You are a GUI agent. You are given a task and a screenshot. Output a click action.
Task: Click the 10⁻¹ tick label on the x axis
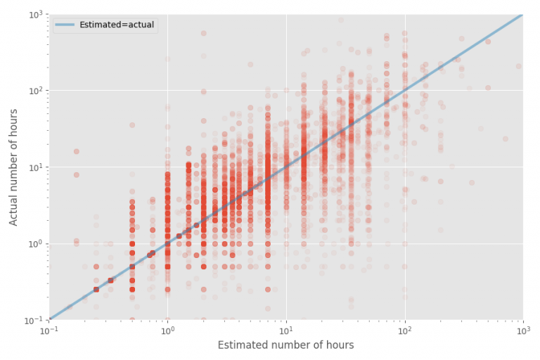[49, 330]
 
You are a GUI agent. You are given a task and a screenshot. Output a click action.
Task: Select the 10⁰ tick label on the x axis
[167, 330]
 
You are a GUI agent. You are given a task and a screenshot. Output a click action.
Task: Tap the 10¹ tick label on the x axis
[286, 330]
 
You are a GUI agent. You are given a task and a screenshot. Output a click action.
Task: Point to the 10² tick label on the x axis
[404, 330]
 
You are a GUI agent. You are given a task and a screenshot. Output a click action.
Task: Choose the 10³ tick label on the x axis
[522, 330]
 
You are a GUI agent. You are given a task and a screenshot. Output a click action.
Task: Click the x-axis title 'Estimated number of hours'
[285, 345]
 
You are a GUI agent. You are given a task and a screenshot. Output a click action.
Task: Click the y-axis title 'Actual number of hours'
[14, 167]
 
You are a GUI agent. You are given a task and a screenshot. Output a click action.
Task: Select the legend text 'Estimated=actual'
[116, 25]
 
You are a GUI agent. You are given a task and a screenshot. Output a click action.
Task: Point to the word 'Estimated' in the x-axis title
[243, 345]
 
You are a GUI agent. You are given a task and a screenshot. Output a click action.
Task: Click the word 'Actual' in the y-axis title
[14, 210]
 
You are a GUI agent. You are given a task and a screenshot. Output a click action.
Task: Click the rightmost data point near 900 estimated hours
[518, 66]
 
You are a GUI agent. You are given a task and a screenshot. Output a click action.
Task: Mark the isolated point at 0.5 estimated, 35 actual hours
[131, 125]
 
